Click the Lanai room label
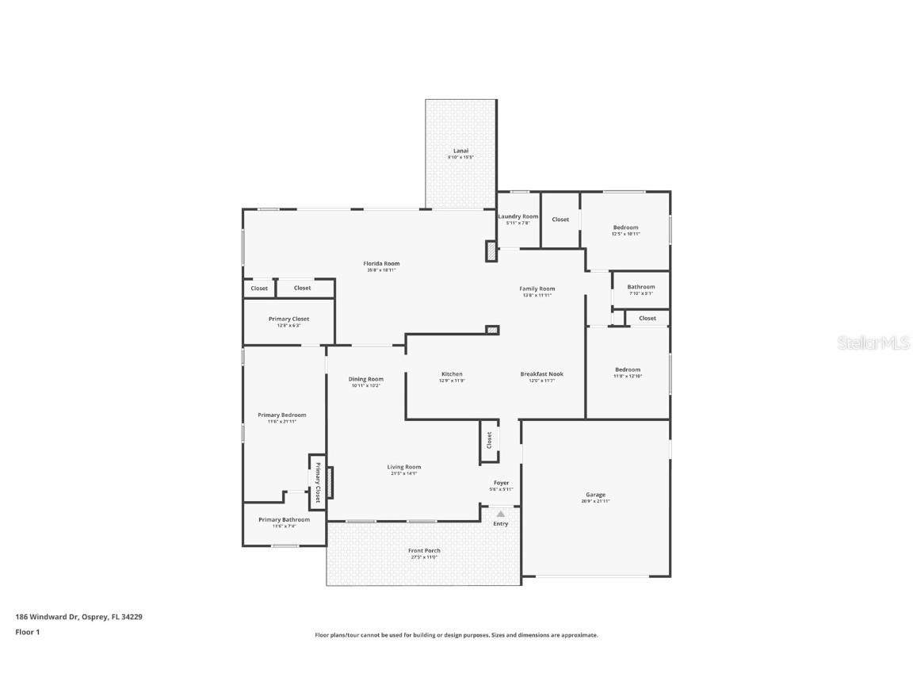click(460, 151)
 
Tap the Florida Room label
click(381, 264)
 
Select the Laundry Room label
click(518, 216)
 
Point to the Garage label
click(595, 495)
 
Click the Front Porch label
click(424, 551)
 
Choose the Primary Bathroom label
click(284, 520)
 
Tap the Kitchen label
click(452, 374)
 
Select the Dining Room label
click(365, 379)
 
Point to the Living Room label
click(403, 467)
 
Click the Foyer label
click(501, 483)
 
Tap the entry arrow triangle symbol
click(500, 514)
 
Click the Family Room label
click(537, 289)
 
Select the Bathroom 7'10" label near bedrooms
click(640, 287)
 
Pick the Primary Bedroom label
click(281, 415)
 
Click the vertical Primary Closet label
click(317, 482)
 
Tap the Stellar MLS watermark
click(874, 342)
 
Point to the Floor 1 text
click(27, 632)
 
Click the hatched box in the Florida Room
click(491, 251)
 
